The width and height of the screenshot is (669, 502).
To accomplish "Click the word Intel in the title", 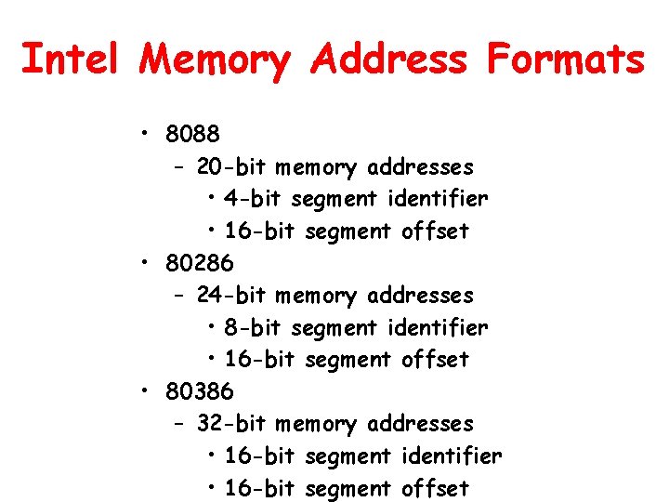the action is tap(70, 60).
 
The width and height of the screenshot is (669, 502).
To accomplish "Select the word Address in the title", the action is tap(390, 60).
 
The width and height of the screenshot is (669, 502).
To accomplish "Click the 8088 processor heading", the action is tap(193, 134).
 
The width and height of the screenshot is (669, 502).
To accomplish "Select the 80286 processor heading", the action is tap(200, 263).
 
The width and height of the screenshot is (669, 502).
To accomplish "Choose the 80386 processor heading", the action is tap(200, 391).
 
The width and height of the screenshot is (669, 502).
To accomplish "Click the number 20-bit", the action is tap(231, 167).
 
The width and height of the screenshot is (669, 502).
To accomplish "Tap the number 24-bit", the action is tap(231, 296).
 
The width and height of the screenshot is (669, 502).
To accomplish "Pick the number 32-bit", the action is tap(231, 424).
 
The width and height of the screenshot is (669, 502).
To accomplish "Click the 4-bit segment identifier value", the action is tap(254, 199).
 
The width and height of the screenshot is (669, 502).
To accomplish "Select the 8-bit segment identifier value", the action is tap(254, 327).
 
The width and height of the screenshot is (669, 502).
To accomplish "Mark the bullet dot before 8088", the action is tap(146, 134).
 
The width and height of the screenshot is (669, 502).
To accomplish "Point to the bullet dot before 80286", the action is tap(146, 263).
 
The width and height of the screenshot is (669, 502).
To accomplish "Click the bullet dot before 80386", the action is tap(146, 391).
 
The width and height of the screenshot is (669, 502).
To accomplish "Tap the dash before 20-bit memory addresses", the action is tap(179, 168).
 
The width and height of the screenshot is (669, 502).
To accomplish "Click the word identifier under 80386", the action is tap(452, 456).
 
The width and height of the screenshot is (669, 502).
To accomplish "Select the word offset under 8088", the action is tap(435, 231).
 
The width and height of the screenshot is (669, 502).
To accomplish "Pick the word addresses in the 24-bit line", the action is tap(420, 297).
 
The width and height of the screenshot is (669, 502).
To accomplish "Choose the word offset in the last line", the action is tap(435, 488).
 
